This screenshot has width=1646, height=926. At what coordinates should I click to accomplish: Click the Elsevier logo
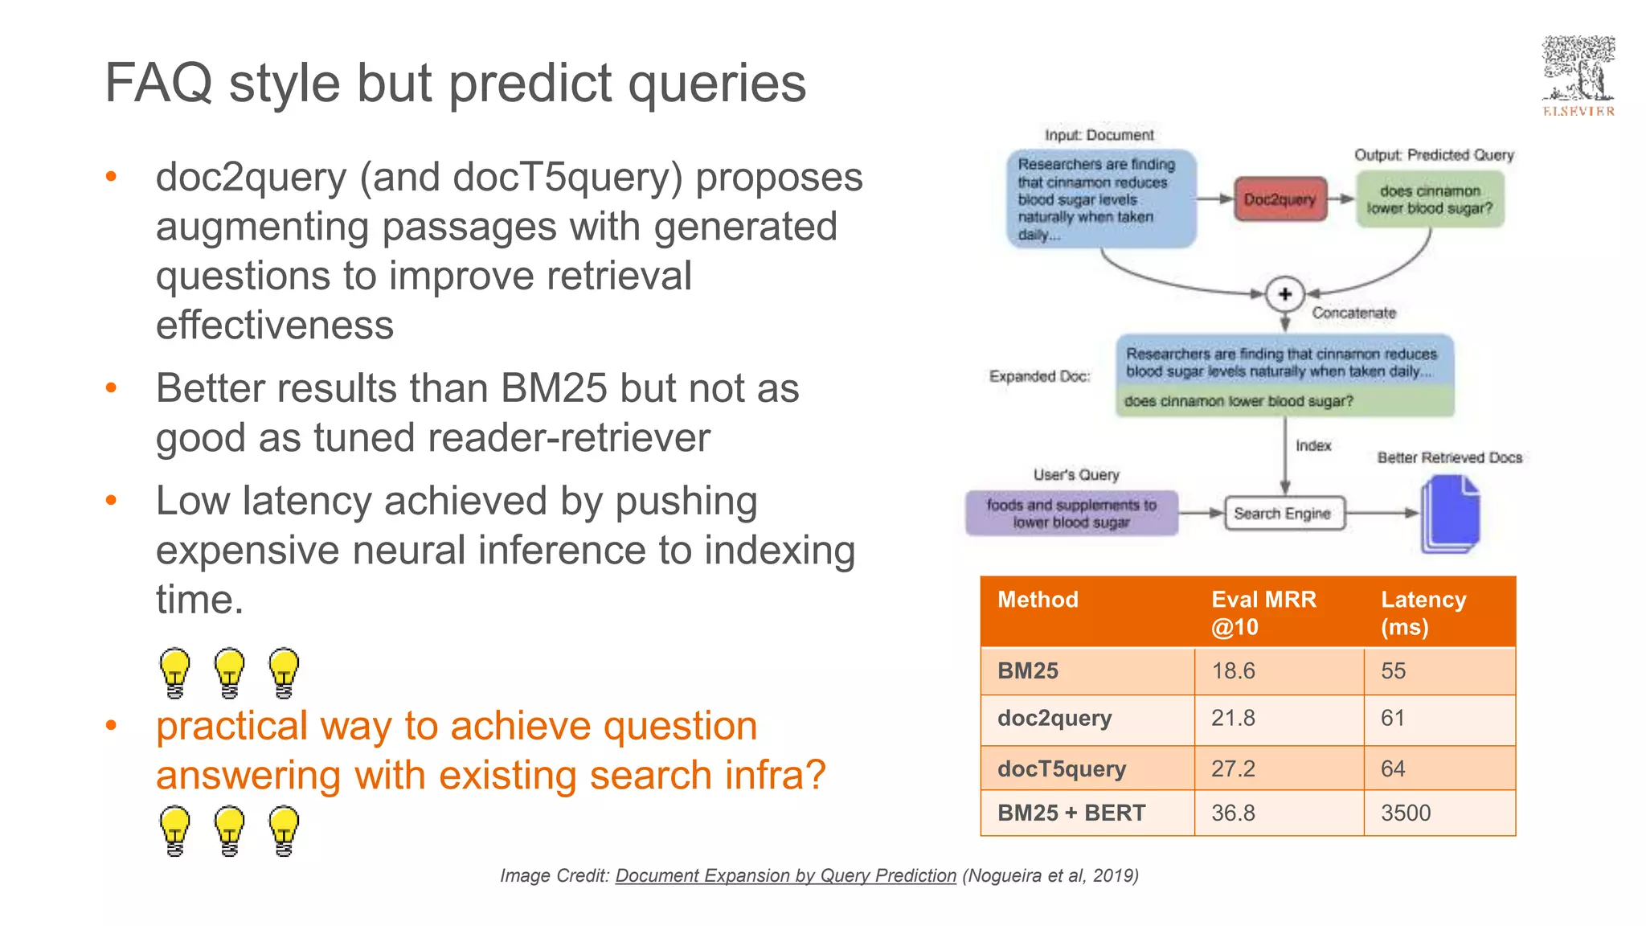tap(1578, 76)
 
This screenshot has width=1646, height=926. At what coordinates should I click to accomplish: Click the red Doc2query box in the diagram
tap(1280, 199)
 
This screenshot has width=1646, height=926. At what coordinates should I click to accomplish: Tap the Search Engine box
tap(1283, 514)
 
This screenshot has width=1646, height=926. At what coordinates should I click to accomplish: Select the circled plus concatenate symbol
tap(1284, 294)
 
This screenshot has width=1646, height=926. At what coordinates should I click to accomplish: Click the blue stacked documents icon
tap(1450, 514)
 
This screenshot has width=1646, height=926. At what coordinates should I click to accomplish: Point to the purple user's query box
tap(1071, 514)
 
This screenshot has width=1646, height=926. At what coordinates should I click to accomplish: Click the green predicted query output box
tap(1430, 199)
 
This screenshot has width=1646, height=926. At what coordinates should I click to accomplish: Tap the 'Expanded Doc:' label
tap(1039, 376)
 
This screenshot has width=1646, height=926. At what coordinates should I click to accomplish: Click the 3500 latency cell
tap(1406, 813)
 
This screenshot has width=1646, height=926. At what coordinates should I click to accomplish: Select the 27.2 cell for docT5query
tap(1233, 768)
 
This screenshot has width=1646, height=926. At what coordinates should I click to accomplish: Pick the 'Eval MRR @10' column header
tap(1263, 613)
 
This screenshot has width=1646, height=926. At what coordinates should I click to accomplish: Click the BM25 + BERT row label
tap(1071, 813)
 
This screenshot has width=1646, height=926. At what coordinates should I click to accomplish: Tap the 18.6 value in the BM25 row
tap(1233, 670)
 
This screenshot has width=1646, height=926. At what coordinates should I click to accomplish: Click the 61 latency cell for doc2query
tap(1393, 718)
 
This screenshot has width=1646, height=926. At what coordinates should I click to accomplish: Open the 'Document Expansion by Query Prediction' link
tap(785, 875)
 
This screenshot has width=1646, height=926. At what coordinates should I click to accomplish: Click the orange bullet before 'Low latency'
tap(112, 501)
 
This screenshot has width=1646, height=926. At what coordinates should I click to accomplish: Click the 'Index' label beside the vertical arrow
tap(1313, 445)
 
